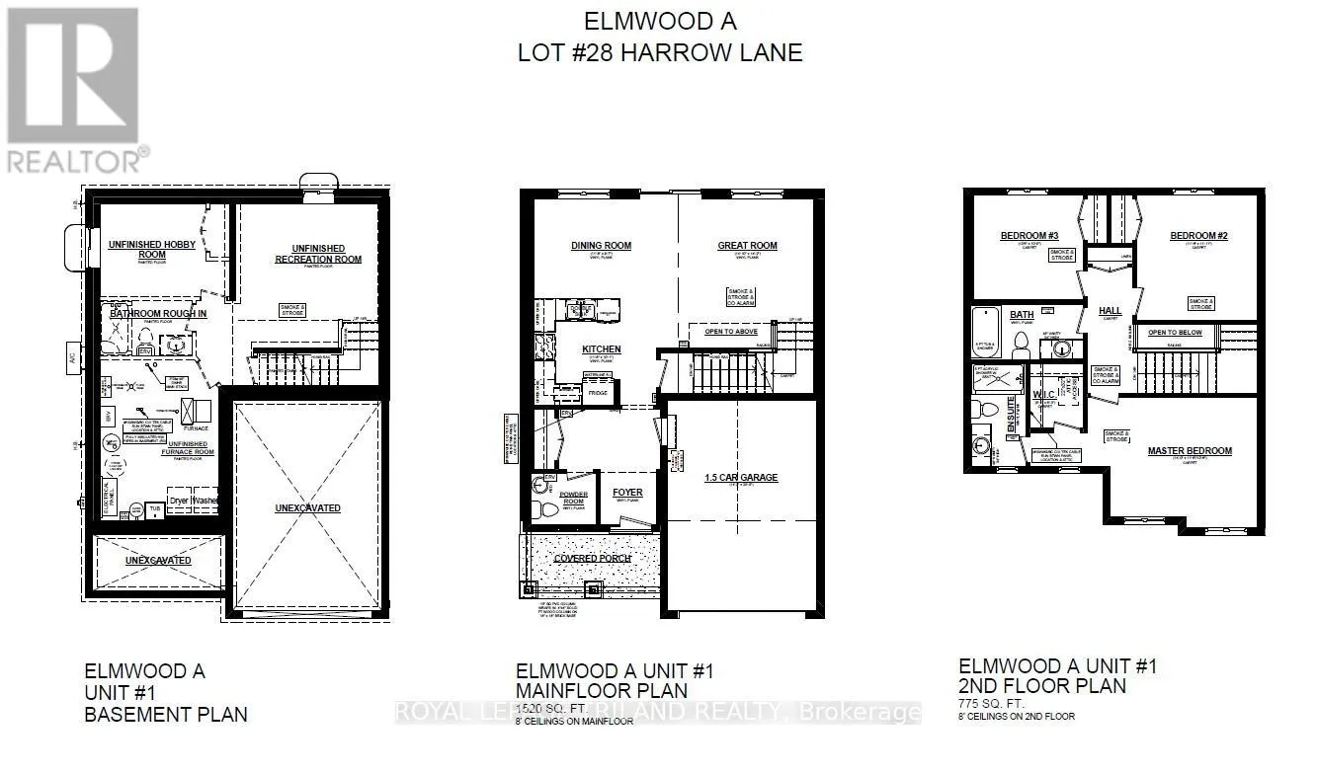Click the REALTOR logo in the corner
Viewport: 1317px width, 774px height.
(x=73, y=89)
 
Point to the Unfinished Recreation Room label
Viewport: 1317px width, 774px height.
(x=317, y=254)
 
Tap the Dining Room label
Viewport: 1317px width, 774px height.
(x=601, y=246)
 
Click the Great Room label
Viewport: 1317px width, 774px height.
(x=747, y=246)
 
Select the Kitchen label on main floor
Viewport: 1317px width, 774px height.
(x=601, y=349)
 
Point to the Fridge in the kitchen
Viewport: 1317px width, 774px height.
(x=597, y=393)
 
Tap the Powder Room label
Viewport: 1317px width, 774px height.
(x=573, y=498)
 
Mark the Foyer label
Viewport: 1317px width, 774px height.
(x=626, y=493)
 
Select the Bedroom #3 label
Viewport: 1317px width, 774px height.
(x=1029, y=235)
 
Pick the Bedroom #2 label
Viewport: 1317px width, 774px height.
(x=1198, y=235)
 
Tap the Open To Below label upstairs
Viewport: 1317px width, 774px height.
(x=1175, y=333)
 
